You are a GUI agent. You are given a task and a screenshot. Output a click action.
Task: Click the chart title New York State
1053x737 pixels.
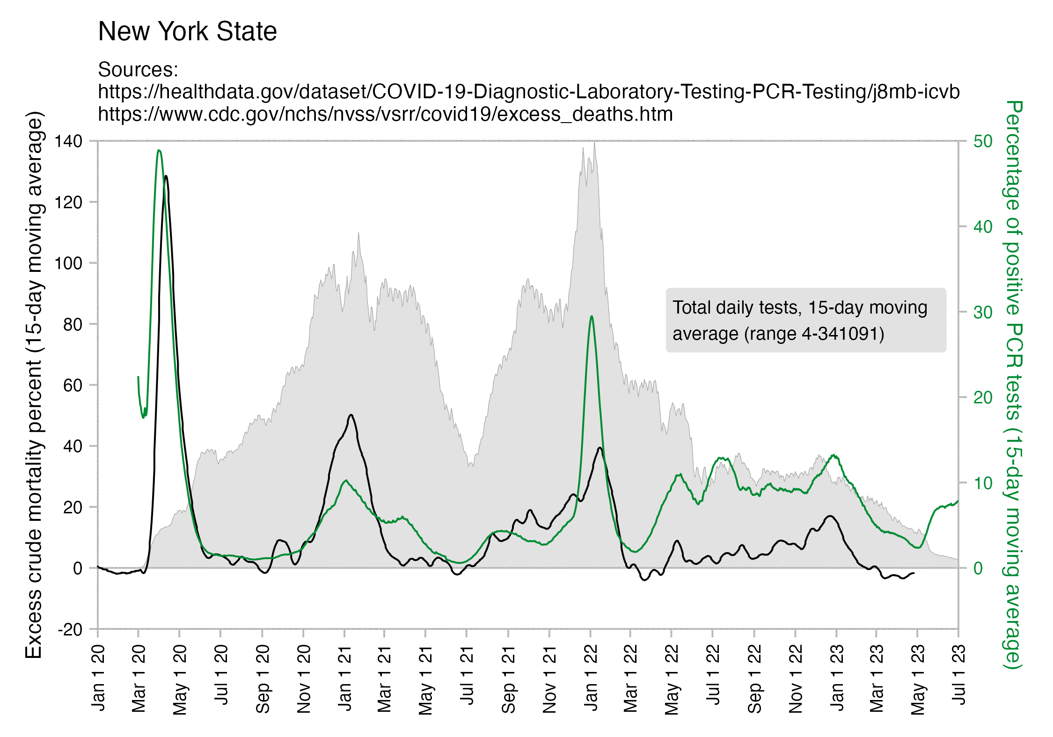coord(187,31)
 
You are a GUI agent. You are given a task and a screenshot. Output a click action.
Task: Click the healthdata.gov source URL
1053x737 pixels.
coord(528,92)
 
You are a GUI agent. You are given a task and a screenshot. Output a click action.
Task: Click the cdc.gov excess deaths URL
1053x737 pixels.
coord(385,114)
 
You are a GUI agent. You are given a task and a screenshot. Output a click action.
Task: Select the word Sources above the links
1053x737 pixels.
coord(138,70)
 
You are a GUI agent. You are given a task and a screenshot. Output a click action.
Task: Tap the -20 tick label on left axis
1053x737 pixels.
coord(70,630)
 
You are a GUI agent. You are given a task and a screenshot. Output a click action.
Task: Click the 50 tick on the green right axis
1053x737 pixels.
coord(983,141)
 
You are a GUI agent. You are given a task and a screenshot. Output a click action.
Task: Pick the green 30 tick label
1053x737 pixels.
coord(983,312)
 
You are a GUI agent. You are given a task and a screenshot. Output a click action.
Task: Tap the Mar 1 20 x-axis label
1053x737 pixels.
coord(139,678)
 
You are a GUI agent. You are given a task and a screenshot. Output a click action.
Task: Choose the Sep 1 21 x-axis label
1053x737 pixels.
coord(508,678)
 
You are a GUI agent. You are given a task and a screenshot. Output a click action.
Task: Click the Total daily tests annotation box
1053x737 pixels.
coord(805,321)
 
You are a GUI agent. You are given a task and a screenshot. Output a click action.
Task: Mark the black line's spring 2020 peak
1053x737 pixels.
coord(166,176)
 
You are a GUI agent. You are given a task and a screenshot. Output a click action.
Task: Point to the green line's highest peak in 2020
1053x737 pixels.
coord(159,151)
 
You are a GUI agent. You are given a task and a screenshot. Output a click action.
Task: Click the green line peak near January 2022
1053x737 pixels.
coord(592,316)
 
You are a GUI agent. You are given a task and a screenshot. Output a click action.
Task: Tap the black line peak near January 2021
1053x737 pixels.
coord(351,415)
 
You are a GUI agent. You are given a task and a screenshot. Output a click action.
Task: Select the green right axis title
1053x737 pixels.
coord(1014,385)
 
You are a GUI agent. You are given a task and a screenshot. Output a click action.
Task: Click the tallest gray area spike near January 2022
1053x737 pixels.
coord(594,143)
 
